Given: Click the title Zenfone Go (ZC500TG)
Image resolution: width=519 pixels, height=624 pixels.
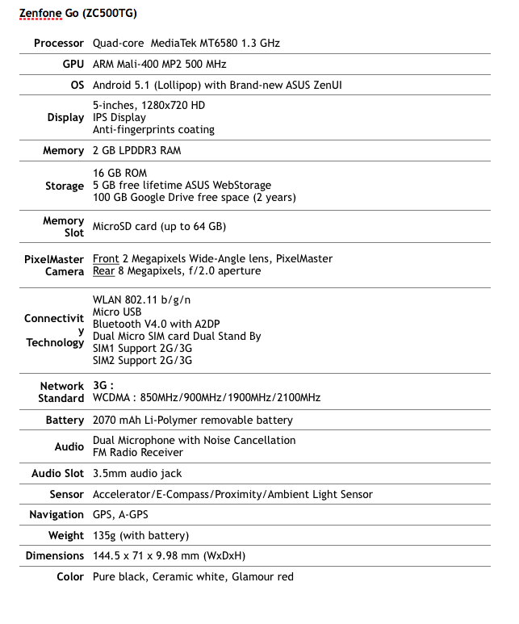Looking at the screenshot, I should (79, 15).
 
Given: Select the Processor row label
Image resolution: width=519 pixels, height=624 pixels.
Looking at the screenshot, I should (59, 43).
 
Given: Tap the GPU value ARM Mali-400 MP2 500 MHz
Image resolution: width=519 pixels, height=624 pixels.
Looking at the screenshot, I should (159, 64).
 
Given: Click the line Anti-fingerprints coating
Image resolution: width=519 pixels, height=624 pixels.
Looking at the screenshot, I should (153, 129).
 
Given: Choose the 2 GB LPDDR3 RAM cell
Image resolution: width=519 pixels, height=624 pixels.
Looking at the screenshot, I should (136, 150).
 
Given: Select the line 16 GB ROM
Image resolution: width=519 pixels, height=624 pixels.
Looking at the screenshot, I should (119, 174).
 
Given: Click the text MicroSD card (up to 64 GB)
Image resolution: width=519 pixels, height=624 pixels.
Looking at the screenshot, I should (159, 226).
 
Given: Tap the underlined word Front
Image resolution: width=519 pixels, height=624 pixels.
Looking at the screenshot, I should (106, 258).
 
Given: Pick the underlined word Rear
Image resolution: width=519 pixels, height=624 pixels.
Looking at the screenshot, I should (103, 271).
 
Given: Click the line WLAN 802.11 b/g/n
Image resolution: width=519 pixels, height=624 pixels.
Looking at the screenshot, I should (142, 299).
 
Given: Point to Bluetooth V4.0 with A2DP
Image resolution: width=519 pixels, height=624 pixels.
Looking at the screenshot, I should (156, 324).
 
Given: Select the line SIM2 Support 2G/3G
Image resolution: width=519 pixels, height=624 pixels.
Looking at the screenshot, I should (142, 360).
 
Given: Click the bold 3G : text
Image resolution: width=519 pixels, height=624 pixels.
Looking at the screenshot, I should (103, 386).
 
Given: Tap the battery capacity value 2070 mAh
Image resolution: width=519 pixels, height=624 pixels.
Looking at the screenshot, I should (120, 420).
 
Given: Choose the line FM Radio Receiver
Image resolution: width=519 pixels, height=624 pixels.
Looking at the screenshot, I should (137, 452).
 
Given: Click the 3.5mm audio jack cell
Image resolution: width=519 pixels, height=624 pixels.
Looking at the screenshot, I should (137, 473).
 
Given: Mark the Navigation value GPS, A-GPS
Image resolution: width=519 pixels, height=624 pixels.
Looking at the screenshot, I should (120, 514).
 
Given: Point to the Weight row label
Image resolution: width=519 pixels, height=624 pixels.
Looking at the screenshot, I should (66, 535).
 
